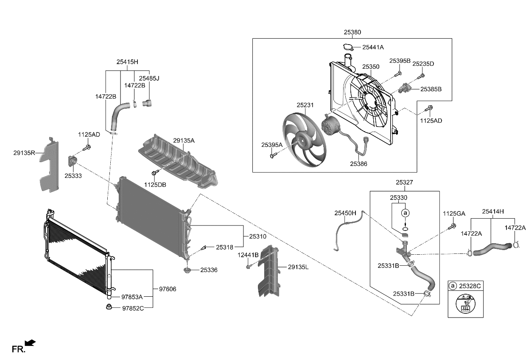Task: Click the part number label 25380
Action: click(x=352, y=32)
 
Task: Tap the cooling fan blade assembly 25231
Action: click(x=305, y=140)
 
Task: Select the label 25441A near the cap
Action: click(x=373, y=47)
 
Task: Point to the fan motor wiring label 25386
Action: click(x=358, y=164)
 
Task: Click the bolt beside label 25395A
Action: click(x=273, y=155)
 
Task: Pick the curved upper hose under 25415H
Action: click(x=120, y=116)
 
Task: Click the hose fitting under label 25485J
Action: click(x=147, y=103)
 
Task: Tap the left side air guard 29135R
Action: click(x=49, y=165)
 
